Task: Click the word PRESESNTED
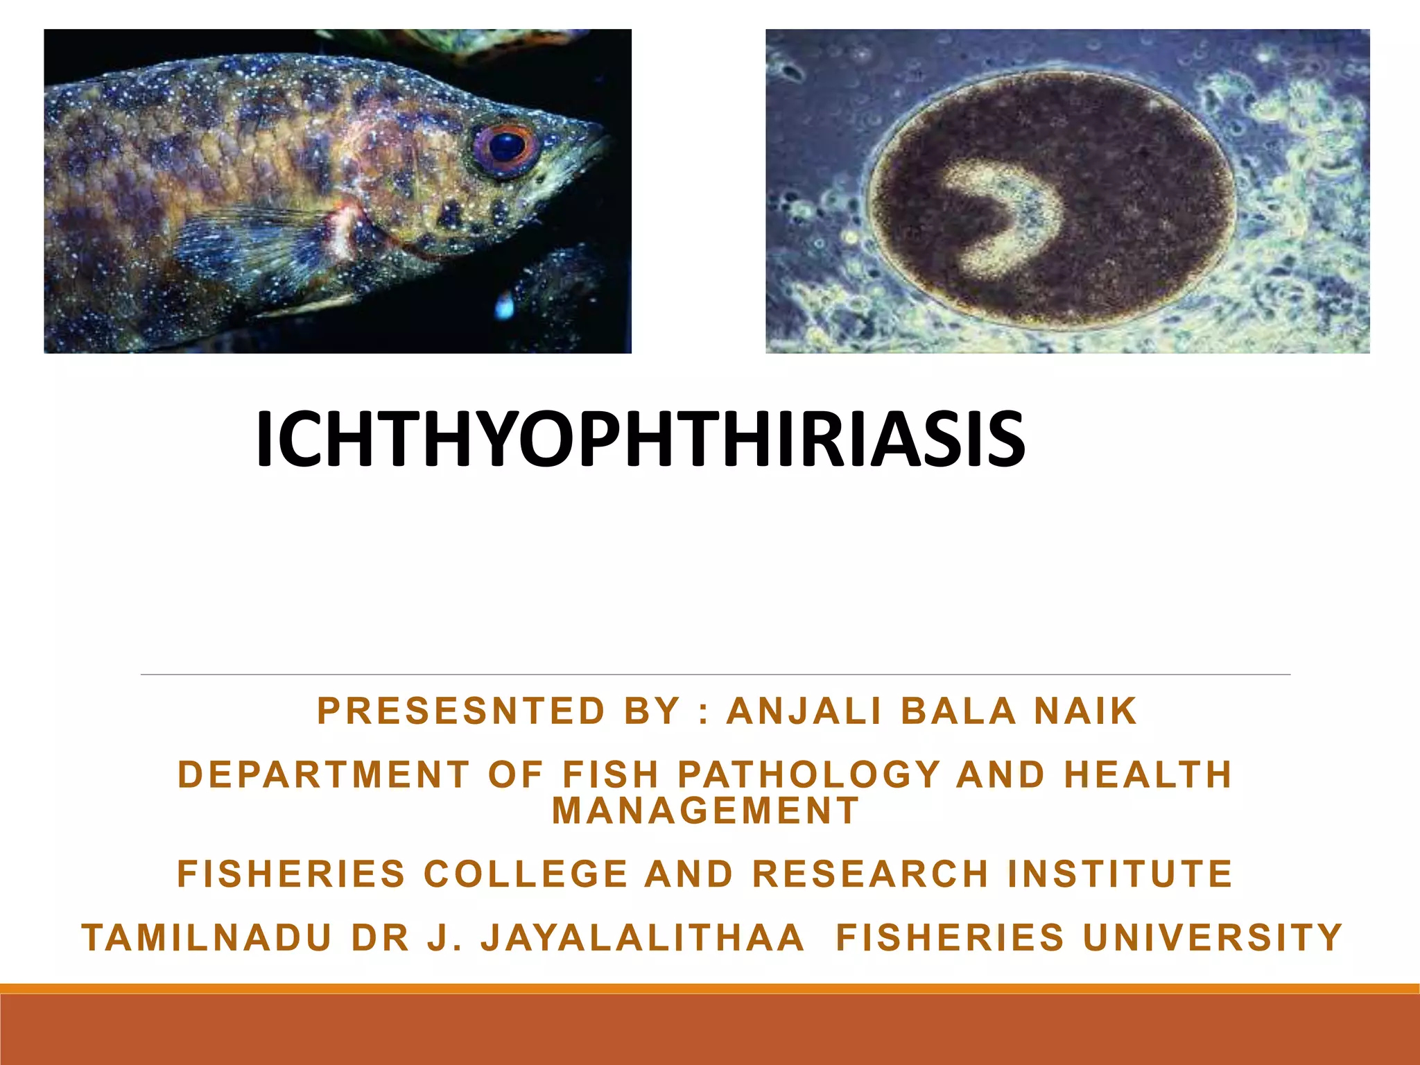pos(462,711)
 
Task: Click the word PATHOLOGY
pos(808,775)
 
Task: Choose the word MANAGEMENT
pos(706,811)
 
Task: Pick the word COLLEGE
pos(526,874)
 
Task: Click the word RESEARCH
pos(871,874)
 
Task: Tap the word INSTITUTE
pos(1120,874)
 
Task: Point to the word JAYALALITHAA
pos(643,938)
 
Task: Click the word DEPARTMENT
pos(324,775)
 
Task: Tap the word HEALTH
pos(1148,775)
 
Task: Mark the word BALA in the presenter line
pos(958,711)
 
